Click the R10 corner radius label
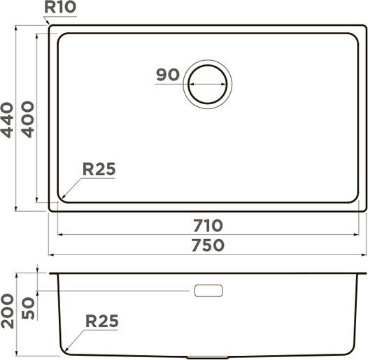59,8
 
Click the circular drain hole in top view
206,82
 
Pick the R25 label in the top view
98,168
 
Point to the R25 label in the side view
101,321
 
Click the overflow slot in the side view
208,290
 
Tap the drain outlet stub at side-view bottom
208,357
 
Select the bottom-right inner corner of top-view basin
354,199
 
